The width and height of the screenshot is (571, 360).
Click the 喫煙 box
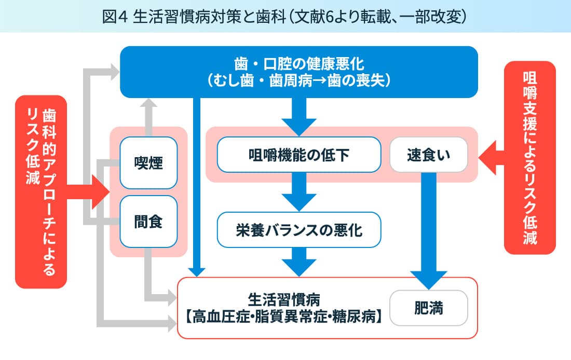pyautogui.click(x=148, y=163)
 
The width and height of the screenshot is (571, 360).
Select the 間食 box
pyautogui.click(x=148, y=221)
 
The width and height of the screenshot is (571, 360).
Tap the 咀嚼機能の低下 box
pyautogui.click(x=299, y=154)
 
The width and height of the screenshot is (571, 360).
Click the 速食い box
pyautogui.click(x=428, y=154)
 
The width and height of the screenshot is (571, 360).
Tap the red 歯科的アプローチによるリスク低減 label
pyautogui.click(x=41, y=191)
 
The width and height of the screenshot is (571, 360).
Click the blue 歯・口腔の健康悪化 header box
pyautogui.click(x=299, y=72)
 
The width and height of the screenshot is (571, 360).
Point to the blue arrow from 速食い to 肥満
pyautogui.click(x=428, y=233)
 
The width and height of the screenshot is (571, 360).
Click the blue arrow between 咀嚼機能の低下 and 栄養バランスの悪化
pyautogui.click(x=299, y=190)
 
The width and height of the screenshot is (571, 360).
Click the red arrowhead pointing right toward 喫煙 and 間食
pyautogui.click(x=99, y=191)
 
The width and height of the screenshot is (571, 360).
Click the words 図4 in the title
pyautogui.click(x=114, y=16)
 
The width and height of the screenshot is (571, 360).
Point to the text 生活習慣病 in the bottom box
pyautogui.click(x=283, y=299)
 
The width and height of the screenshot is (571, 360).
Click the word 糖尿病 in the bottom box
pyautogui.click(x=360, y=316)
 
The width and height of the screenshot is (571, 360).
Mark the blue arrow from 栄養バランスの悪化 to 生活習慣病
pyautogui.click(x=299, y=262)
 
